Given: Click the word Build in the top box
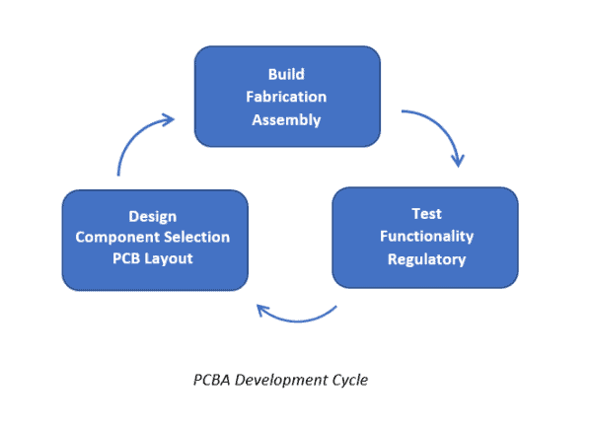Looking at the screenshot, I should [287, 74].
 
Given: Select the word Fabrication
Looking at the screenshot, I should [287, 97].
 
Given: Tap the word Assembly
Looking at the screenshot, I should [287, 120].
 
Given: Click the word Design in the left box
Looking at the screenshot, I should [154, 215].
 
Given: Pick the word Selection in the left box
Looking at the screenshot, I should [196, 237].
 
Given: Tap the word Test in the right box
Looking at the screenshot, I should [426, 213].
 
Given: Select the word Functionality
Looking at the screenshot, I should [426, 236].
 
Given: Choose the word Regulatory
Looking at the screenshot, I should [426, 258].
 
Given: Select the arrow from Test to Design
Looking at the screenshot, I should [296, 318].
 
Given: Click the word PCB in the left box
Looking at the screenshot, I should [127, 258].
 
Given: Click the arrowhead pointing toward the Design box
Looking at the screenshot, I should [263, 311].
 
